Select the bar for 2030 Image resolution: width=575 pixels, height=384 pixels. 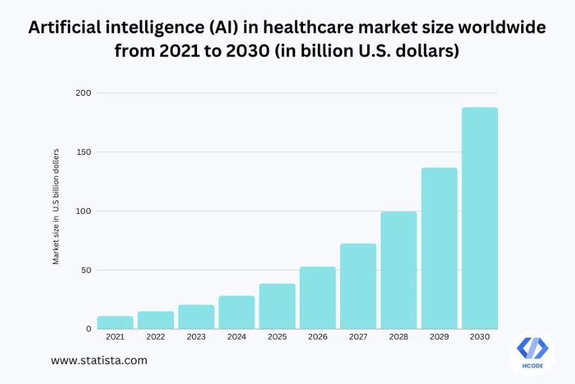tap(479, 218)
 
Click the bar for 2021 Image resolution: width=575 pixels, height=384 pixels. tap(116, 322)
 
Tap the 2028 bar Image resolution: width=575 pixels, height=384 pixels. tap(399, 270)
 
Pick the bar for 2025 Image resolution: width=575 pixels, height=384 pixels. tap(277, 306)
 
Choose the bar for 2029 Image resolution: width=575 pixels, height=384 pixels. tap(439, 249)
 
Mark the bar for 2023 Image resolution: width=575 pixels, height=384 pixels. tap(196, 317)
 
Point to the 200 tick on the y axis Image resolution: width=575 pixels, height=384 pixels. tap(84, 93)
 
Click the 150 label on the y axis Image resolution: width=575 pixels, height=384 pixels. tap(84, 152)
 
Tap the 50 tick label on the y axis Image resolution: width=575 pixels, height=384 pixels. tap(87, 270)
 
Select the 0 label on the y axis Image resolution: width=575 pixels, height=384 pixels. tap(89, 329)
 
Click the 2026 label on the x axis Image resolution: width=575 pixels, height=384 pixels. tap(318, 337)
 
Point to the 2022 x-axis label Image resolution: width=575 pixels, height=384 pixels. tap(156, 337)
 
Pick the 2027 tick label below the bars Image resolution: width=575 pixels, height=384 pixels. tap(358, 337)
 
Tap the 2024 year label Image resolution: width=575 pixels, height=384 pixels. tap(237, 337)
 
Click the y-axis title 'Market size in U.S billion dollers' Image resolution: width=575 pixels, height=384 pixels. tap(56, 206)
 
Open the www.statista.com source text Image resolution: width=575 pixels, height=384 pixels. tap(99, 361)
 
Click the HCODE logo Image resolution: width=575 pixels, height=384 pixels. tap(532, 352)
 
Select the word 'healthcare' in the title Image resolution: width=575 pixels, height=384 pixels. tap(306, 28)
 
